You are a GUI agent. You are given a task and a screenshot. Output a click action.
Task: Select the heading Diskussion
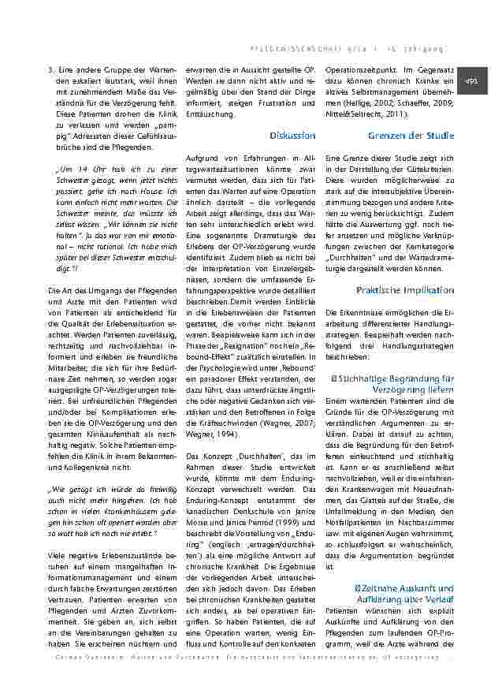tap(292, 136)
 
